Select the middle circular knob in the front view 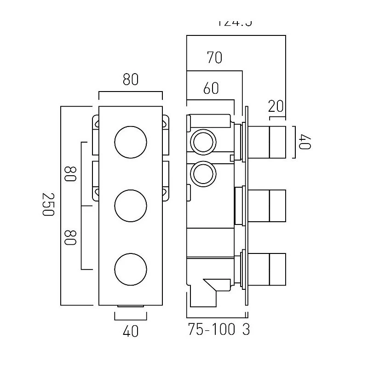(131, 205)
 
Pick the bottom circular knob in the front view (131, 268)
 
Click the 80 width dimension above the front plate (131, 80)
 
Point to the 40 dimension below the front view (131, 331)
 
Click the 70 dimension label (214, 58)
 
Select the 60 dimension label (211, 88)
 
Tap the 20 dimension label (276, 107)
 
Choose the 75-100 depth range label (212, 330)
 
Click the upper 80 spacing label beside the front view (70, 174)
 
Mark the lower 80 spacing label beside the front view (70, 237)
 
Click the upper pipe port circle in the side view (202, 142)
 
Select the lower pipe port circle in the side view (202, 174)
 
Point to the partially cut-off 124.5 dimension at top (235, 22)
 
